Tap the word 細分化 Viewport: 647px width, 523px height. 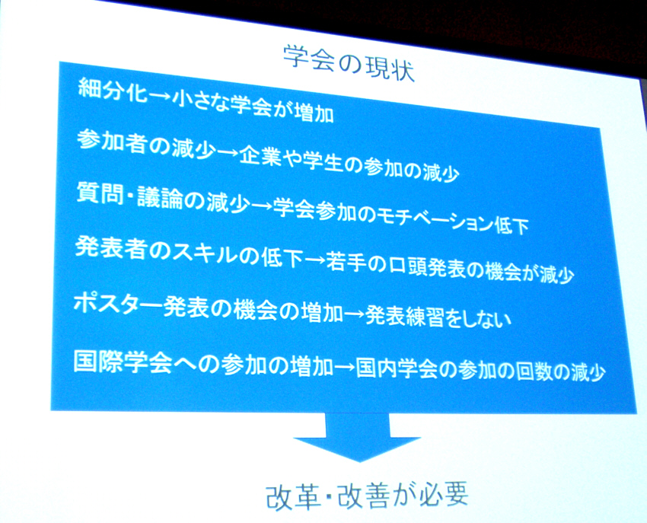pos(112,91)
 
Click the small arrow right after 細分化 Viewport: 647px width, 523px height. pos(160,97)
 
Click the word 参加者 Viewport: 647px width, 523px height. pos(110,142)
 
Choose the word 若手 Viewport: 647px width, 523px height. pos(347,263)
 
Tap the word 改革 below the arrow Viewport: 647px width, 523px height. pos(293,496)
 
